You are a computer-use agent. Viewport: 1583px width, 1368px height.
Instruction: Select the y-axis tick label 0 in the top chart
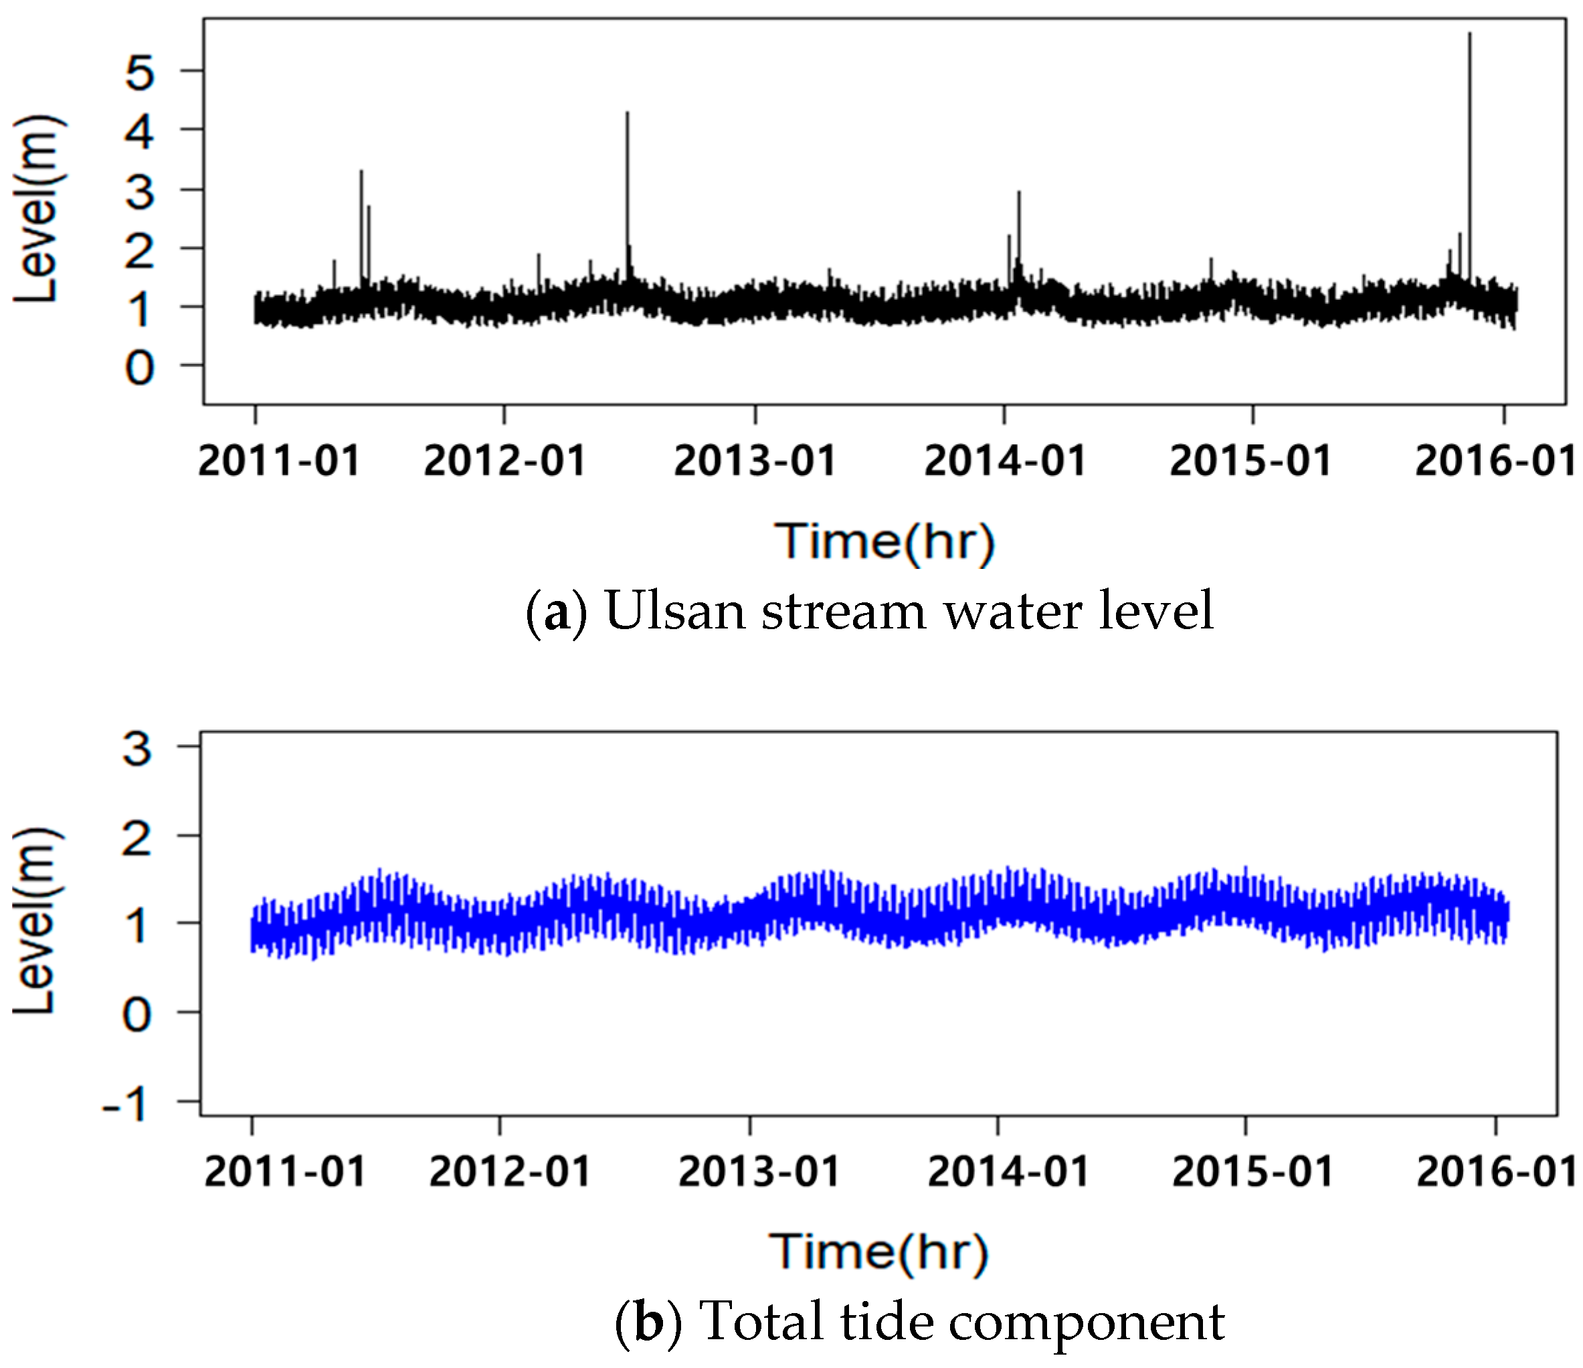[140, 367]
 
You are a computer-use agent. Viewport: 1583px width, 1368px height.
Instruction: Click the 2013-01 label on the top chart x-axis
[755, 461]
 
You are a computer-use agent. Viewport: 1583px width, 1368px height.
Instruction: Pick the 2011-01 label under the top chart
[279, 461]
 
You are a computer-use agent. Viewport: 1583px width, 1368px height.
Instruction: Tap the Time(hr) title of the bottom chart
[878, 1252]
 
